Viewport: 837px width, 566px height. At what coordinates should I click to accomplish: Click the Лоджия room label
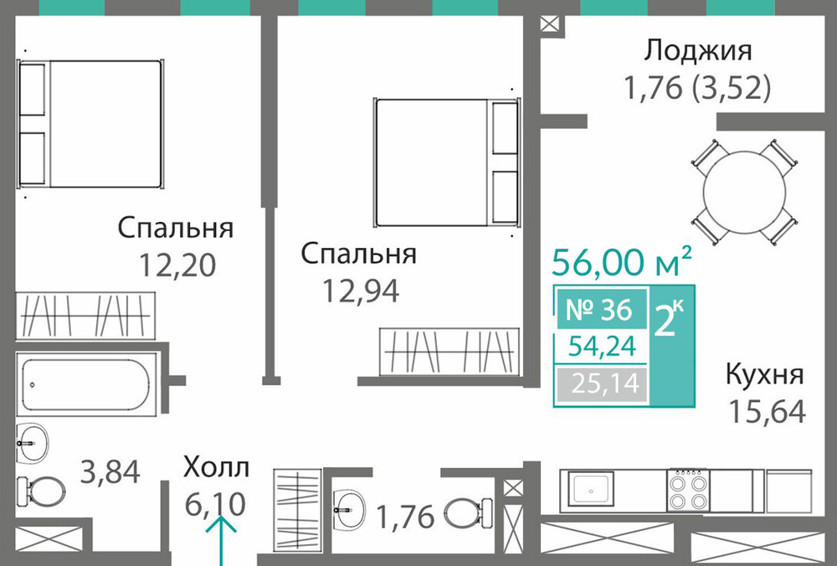click(x=698, y=52)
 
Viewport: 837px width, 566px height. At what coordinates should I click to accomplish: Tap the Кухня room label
click(x=765, y=375)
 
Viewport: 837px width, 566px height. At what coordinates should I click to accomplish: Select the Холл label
click(x=216, y=467)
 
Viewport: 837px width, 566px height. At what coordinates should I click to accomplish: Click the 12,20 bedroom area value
click(x=177, y=265)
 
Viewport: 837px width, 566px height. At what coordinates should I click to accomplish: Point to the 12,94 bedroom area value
click(x=360, y=291)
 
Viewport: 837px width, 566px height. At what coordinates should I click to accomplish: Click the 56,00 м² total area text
click(x=622, y=261)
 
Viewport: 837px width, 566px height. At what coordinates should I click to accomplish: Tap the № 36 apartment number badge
click(x=599, y=310)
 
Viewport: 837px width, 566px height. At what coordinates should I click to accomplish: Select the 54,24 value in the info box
click(x=603, y=347)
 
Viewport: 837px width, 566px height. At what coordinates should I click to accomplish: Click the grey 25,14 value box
click(x=602, y=383)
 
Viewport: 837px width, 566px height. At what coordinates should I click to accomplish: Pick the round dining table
click(x=744, y=193)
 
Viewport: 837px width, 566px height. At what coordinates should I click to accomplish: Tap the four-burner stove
click(x=688, y=490)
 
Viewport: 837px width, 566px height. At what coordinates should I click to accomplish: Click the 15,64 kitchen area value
click(x=767, y=412)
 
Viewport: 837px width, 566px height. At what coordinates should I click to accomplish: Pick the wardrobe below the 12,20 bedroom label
click(x=85, y=316)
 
